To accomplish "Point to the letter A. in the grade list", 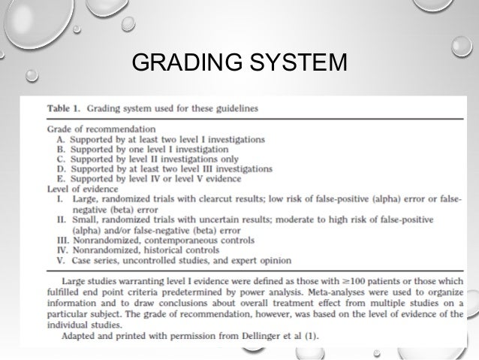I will pyautogui.click(x=62, y=138).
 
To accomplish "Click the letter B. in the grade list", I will pyautogui.click(x=62, y=149).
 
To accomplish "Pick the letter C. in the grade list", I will pyautogui.click(x=62, y=159).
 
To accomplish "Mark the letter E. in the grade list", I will pyautogui.click(x=62, y=179).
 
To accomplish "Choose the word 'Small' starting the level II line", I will pyautogui.click(x=88, y=219).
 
